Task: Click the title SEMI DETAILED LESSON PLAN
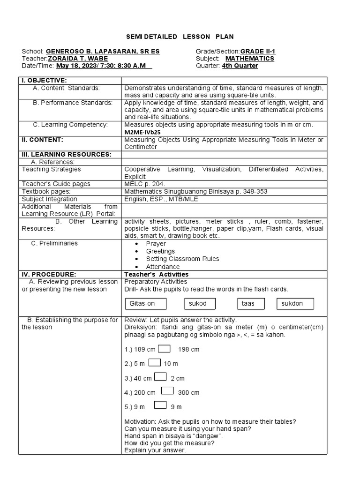point(180,37)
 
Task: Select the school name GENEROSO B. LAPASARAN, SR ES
point(102,51)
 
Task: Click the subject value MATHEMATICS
point(250,59)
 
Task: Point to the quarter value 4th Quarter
point(240,66)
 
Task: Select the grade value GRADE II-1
point(257,51)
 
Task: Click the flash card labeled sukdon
point(295,303)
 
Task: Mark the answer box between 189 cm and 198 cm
point(164,348)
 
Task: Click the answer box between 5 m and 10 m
point(155,362)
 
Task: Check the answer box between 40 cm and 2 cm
point(160,377)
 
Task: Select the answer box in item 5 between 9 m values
point(160,405)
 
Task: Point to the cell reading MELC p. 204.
point(144,184)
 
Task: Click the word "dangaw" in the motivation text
point(211,435)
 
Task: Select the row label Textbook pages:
point(46,192)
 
